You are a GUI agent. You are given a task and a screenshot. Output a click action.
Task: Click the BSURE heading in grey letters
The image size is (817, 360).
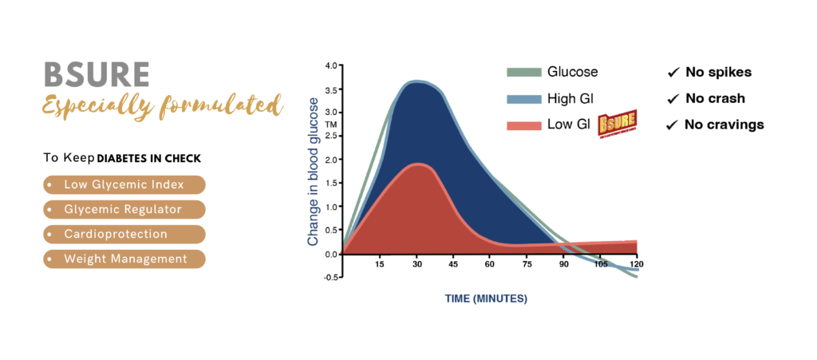click(97, 75)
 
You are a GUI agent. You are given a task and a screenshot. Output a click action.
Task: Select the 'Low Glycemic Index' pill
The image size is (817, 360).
click(124, 184)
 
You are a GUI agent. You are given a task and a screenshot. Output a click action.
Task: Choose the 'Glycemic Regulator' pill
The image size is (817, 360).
click(124, 209)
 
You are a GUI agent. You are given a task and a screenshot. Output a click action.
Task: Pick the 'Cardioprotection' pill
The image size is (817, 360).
click(124, 235)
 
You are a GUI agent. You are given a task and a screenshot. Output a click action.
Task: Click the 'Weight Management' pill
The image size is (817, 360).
click(124, 259)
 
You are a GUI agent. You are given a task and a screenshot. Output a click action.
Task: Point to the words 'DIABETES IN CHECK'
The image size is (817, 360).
click(149, 159)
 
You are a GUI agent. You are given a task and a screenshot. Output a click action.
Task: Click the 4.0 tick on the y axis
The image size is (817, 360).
click(331, 65)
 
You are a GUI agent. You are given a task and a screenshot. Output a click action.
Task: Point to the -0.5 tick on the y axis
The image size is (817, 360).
click(331, 277)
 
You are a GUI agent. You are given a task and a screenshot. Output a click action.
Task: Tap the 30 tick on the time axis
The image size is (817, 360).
click(416, 264)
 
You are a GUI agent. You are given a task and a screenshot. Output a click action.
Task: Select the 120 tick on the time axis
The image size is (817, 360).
click(636, 264)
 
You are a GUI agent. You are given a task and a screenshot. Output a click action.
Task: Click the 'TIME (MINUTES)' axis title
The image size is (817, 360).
click(486, 299)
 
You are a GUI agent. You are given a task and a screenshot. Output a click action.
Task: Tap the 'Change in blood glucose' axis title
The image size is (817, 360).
click(313, 172)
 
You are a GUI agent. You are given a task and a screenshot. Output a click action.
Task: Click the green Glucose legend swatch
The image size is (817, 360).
click(523, 73)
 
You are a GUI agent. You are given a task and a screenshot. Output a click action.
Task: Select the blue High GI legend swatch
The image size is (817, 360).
click(523, 98)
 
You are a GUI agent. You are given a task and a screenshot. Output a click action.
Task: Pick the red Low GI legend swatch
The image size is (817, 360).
click(523, 125)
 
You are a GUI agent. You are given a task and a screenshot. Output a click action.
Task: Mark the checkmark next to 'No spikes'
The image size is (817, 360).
click(673, 73)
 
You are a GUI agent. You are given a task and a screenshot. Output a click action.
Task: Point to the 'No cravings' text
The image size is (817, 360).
click(724, 125)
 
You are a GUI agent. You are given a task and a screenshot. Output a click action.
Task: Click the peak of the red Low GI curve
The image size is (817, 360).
click(417, 164)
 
